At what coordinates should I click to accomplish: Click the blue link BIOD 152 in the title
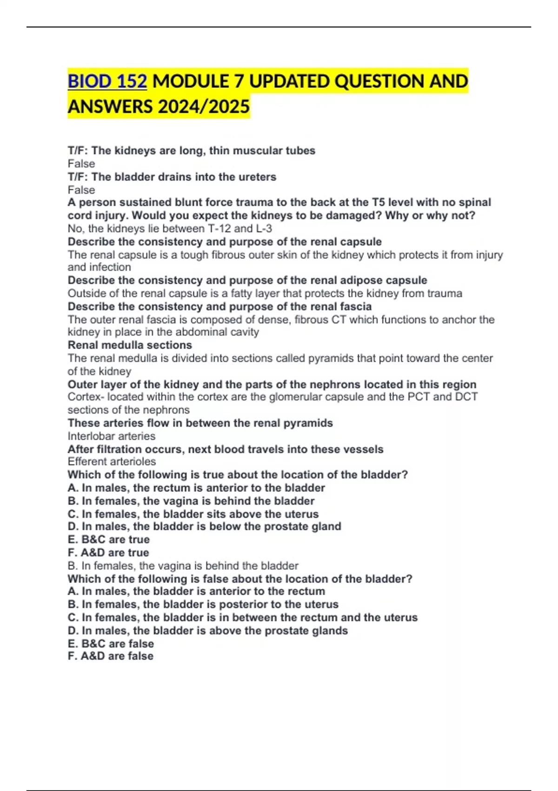click(107, 81)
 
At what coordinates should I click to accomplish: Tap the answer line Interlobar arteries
click(112, 436)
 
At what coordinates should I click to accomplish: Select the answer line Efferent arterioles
click(112, 462)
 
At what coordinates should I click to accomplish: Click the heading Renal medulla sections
click(130, 345)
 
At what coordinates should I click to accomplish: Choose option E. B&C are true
click(109, 540)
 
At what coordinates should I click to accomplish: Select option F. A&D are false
click(111, 656)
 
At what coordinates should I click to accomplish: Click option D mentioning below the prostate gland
click(204, 527)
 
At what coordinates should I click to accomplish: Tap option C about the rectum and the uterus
click(242, 617)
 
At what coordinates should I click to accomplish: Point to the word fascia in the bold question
click(356, 307)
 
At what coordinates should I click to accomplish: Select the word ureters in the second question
click(256, 177)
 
